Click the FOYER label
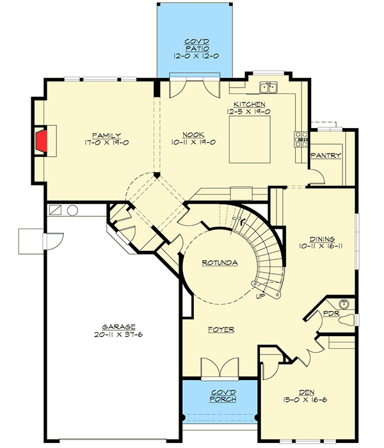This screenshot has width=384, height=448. pos(221,330)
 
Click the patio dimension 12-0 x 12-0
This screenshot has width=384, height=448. pos(196,56)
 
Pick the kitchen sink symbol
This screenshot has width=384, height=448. pos(268,88)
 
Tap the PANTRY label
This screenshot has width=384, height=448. pos(326,155)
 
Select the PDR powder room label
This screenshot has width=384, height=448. pos(331,314)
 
